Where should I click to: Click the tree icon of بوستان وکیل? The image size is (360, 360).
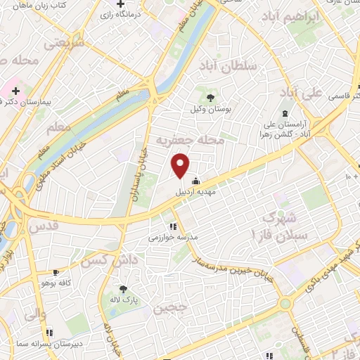click(210, 98)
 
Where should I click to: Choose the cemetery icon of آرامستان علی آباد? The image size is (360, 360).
click(285, 113)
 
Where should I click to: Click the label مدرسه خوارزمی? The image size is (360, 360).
click(173, 238)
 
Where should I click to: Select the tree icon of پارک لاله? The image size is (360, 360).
click(124, 288)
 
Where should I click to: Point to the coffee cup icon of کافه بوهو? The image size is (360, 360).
click(57, 271)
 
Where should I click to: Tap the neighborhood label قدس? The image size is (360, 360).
click(44, 226)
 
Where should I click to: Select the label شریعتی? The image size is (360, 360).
click(65, 43)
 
